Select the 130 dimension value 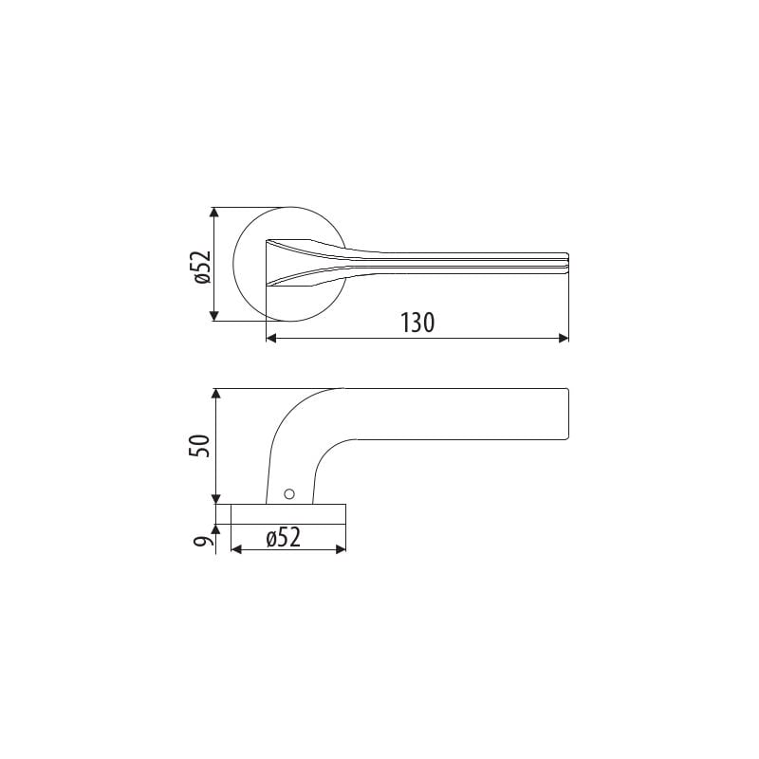click(417, 323)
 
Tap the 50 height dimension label click(199, 446)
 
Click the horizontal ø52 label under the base click(283, 537)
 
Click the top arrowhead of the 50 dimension click(217, 394)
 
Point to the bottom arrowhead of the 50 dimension click(217, 498)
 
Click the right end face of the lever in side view click(567, 414)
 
